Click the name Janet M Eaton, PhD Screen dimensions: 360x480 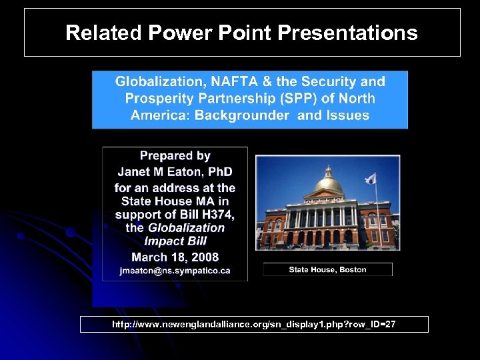click(x=175, y=172)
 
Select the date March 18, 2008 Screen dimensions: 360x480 click(x=175, y=257)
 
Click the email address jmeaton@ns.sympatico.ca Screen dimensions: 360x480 click(x=175, y=271)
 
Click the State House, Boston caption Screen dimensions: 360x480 click(x=327, y=269)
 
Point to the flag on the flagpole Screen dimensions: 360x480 click(x=371, y=179)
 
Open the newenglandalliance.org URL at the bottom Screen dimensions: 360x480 click(x=254, y=325)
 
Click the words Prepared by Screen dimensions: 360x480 click(x=175, y=156)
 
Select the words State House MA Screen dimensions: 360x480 click(x=175, y=201)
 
